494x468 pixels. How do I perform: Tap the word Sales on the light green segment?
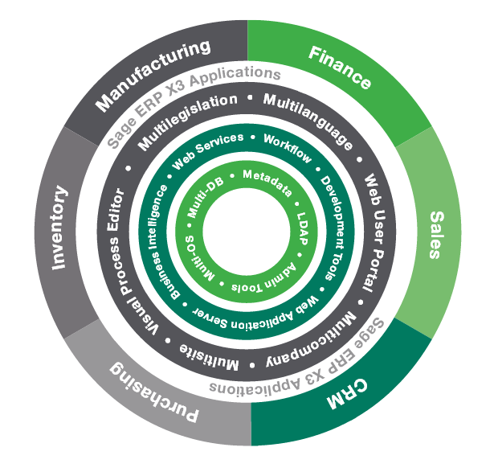[x=436, y=234]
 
